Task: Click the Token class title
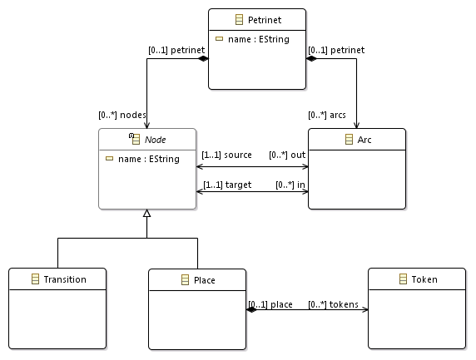(424, 279)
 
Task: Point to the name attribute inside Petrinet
(258, 39)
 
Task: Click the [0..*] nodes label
(121, 115)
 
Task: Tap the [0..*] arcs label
(326, 115)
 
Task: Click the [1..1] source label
(226, 155)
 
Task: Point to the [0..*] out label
(287, 155)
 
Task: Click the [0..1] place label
(270, 304)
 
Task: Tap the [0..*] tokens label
(333, 304)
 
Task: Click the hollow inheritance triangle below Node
(146, 215)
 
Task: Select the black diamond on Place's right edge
(251, 310)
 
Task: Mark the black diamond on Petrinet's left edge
(202, 58)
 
